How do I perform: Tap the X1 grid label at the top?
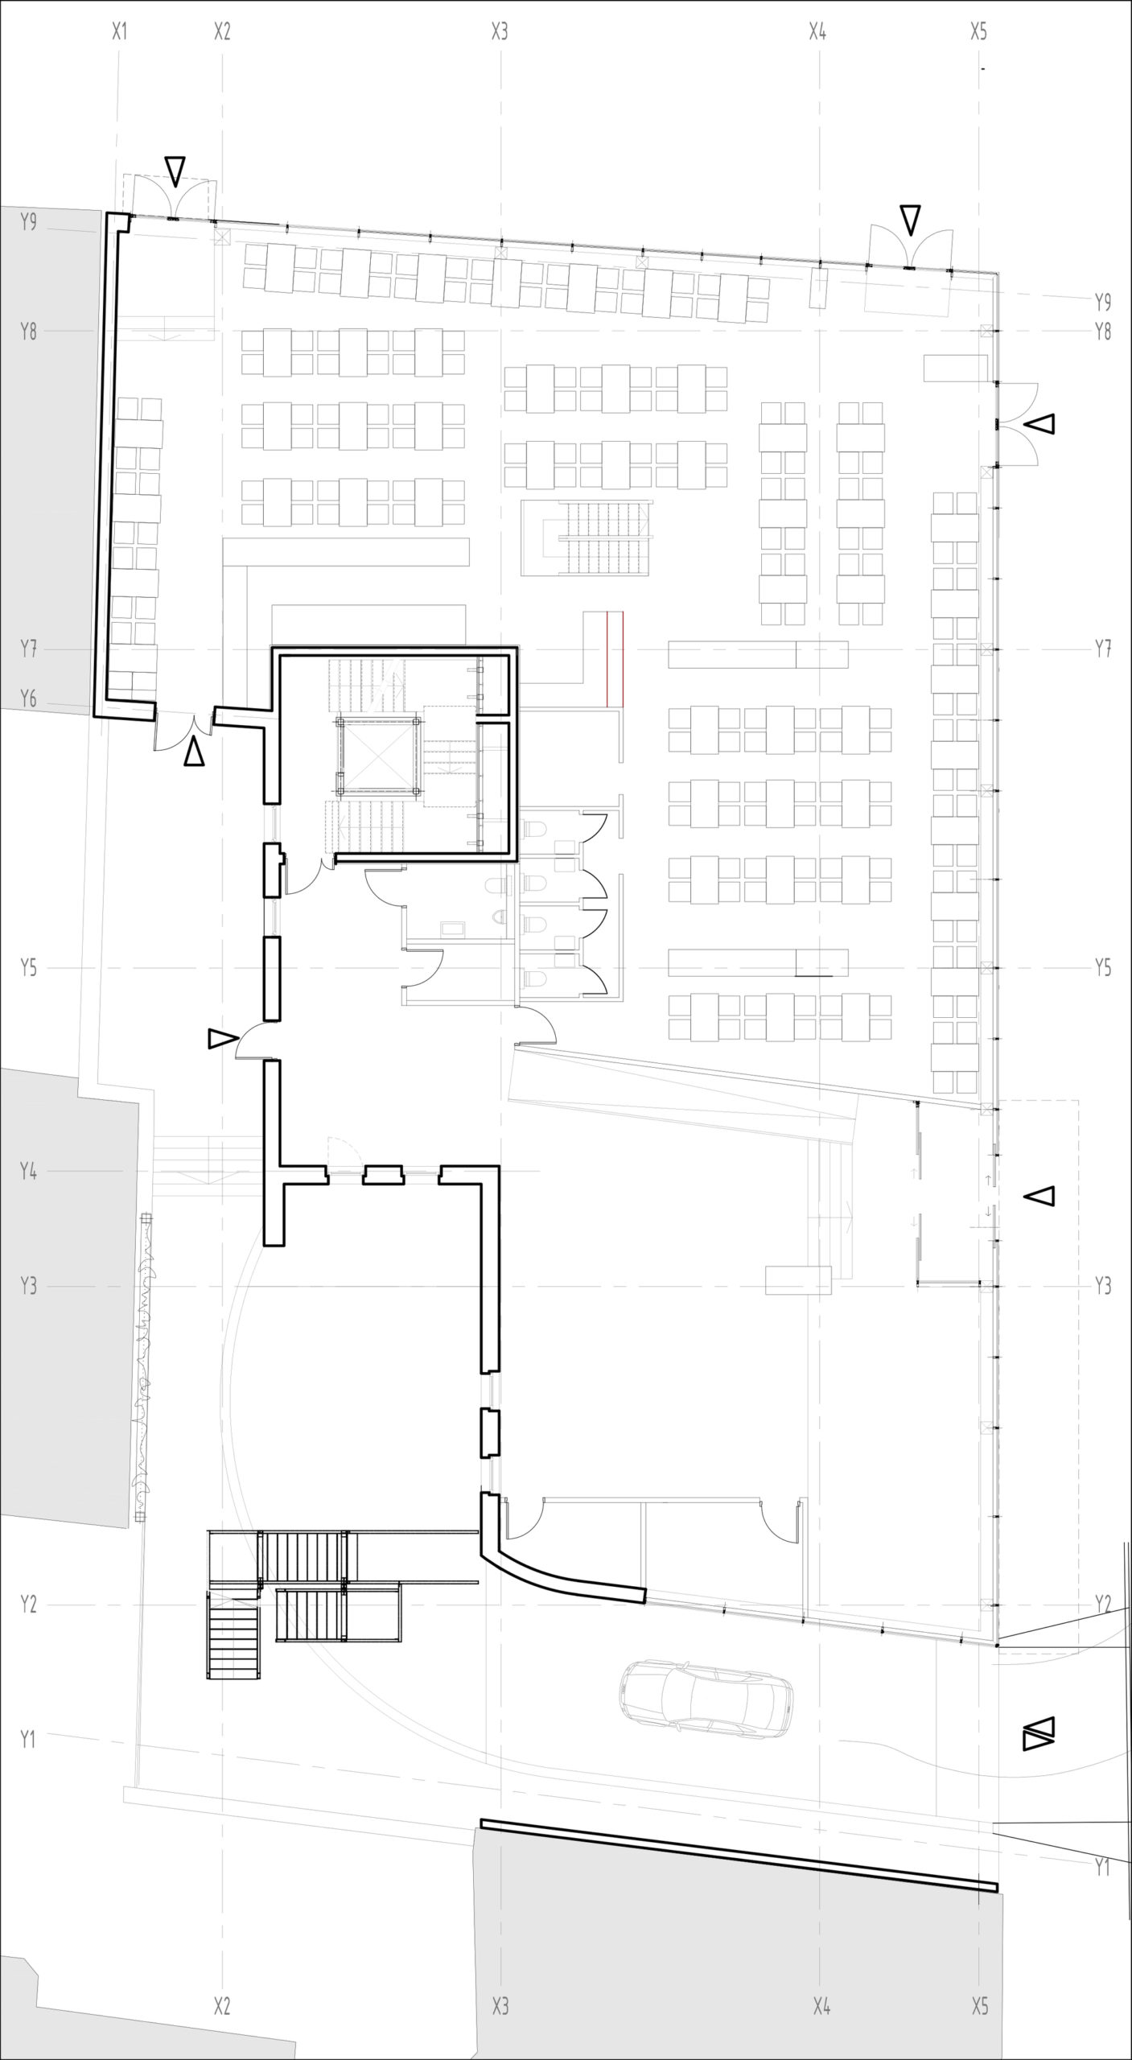[119, 32]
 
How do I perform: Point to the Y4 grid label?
[29, 1171]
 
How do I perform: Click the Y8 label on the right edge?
[1102, 331]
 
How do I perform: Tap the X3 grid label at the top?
[500, 32]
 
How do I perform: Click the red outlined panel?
[615, 659]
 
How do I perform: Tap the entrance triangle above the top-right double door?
[910, 220]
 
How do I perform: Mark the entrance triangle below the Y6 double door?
[194, 753]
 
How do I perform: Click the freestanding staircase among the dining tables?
[585, 538]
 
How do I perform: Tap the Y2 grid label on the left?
[29, 1605]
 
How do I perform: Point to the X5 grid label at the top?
[978, 32]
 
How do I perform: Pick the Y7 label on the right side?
[1102, 649]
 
